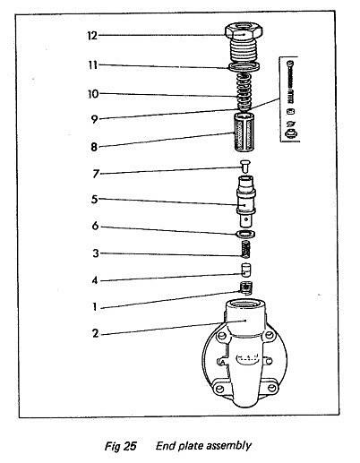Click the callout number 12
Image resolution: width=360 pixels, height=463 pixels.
92,36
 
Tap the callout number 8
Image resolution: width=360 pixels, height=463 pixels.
94,147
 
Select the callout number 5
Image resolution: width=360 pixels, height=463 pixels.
95,199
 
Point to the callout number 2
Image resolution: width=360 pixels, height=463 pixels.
95,333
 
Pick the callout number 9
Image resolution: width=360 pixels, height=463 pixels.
94,119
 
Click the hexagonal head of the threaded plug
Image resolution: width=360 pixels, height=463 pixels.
244,31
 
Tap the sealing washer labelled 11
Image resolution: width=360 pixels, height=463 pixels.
244,67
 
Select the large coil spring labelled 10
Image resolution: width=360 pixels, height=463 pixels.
244,92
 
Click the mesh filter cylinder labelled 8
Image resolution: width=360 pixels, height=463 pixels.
244,133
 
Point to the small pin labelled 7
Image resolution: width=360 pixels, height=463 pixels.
245,167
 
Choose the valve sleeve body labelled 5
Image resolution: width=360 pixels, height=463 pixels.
245,201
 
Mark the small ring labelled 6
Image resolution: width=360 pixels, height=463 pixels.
245,234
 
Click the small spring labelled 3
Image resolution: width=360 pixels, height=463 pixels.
245,249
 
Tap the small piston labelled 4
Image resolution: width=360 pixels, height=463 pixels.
245,270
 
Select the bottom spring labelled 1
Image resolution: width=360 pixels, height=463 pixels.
246,288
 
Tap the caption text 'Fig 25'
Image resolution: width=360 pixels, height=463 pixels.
120,446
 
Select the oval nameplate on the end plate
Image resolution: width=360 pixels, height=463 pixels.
247,358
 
